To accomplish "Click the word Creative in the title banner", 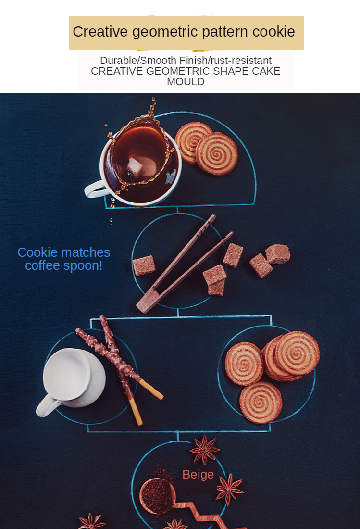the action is coord(100,32).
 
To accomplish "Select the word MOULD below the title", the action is coord(186,82).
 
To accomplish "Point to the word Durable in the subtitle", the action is coord(118,61).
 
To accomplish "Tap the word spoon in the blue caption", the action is coord(80,266).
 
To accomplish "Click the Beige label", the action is coord(198,474).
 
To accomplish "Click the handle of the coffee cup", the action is coord(94,189).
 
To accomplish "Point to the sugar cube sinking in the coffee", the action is coord(135,166).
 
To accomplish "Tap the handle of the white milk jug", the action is coord(47,406).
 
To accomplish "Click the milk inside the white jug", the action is coord(67,374).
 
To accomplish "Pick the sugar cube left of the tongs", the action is coord(144,265).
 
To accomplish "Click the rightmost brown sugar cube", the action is coord(278,254).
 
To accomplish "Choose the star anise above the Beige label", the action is coord(204,449).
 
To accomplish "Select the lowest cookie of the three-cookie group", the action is coord(261,402).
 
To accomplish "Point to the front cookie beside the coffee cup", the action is coord(217,154).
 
